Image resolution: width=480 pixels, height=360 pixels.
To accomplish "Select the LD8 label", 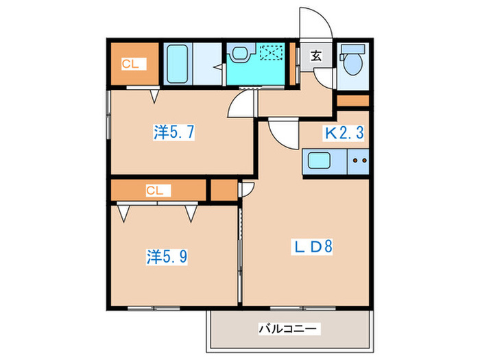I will click(313, 246).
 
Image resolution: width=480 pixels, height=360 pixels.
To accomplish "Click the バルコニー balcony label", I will click(288, 330).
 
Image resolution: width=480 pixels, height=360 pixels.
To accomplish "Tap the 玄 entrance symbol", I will click(317, 57).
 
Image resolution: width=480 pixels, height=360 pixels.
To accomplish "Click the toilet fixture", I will click(353, 60).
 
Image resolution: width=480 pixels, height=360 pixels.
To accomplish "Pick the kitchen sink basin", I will click(320, 163).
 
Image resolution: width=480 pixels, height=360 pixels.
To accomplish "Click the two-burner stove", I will click(359, 163).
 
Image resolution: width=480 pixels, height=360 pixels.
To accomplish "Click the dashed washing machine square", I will click(272, 54).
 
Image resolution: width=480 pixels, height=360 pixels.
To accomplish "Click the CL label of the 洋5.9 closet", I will click(154, 191).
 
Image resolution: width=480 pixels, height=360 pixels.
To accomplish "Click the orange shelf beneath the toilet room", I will click(353, 101).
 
